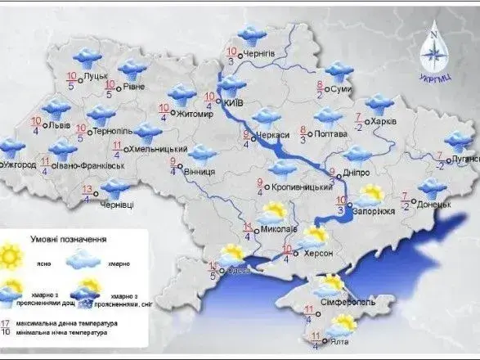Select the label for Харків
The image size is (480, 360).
pos(382,120)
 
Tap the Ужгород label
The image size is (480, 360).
pos(22,164)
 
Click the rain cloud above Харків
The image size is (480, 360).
pos(379,103)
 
